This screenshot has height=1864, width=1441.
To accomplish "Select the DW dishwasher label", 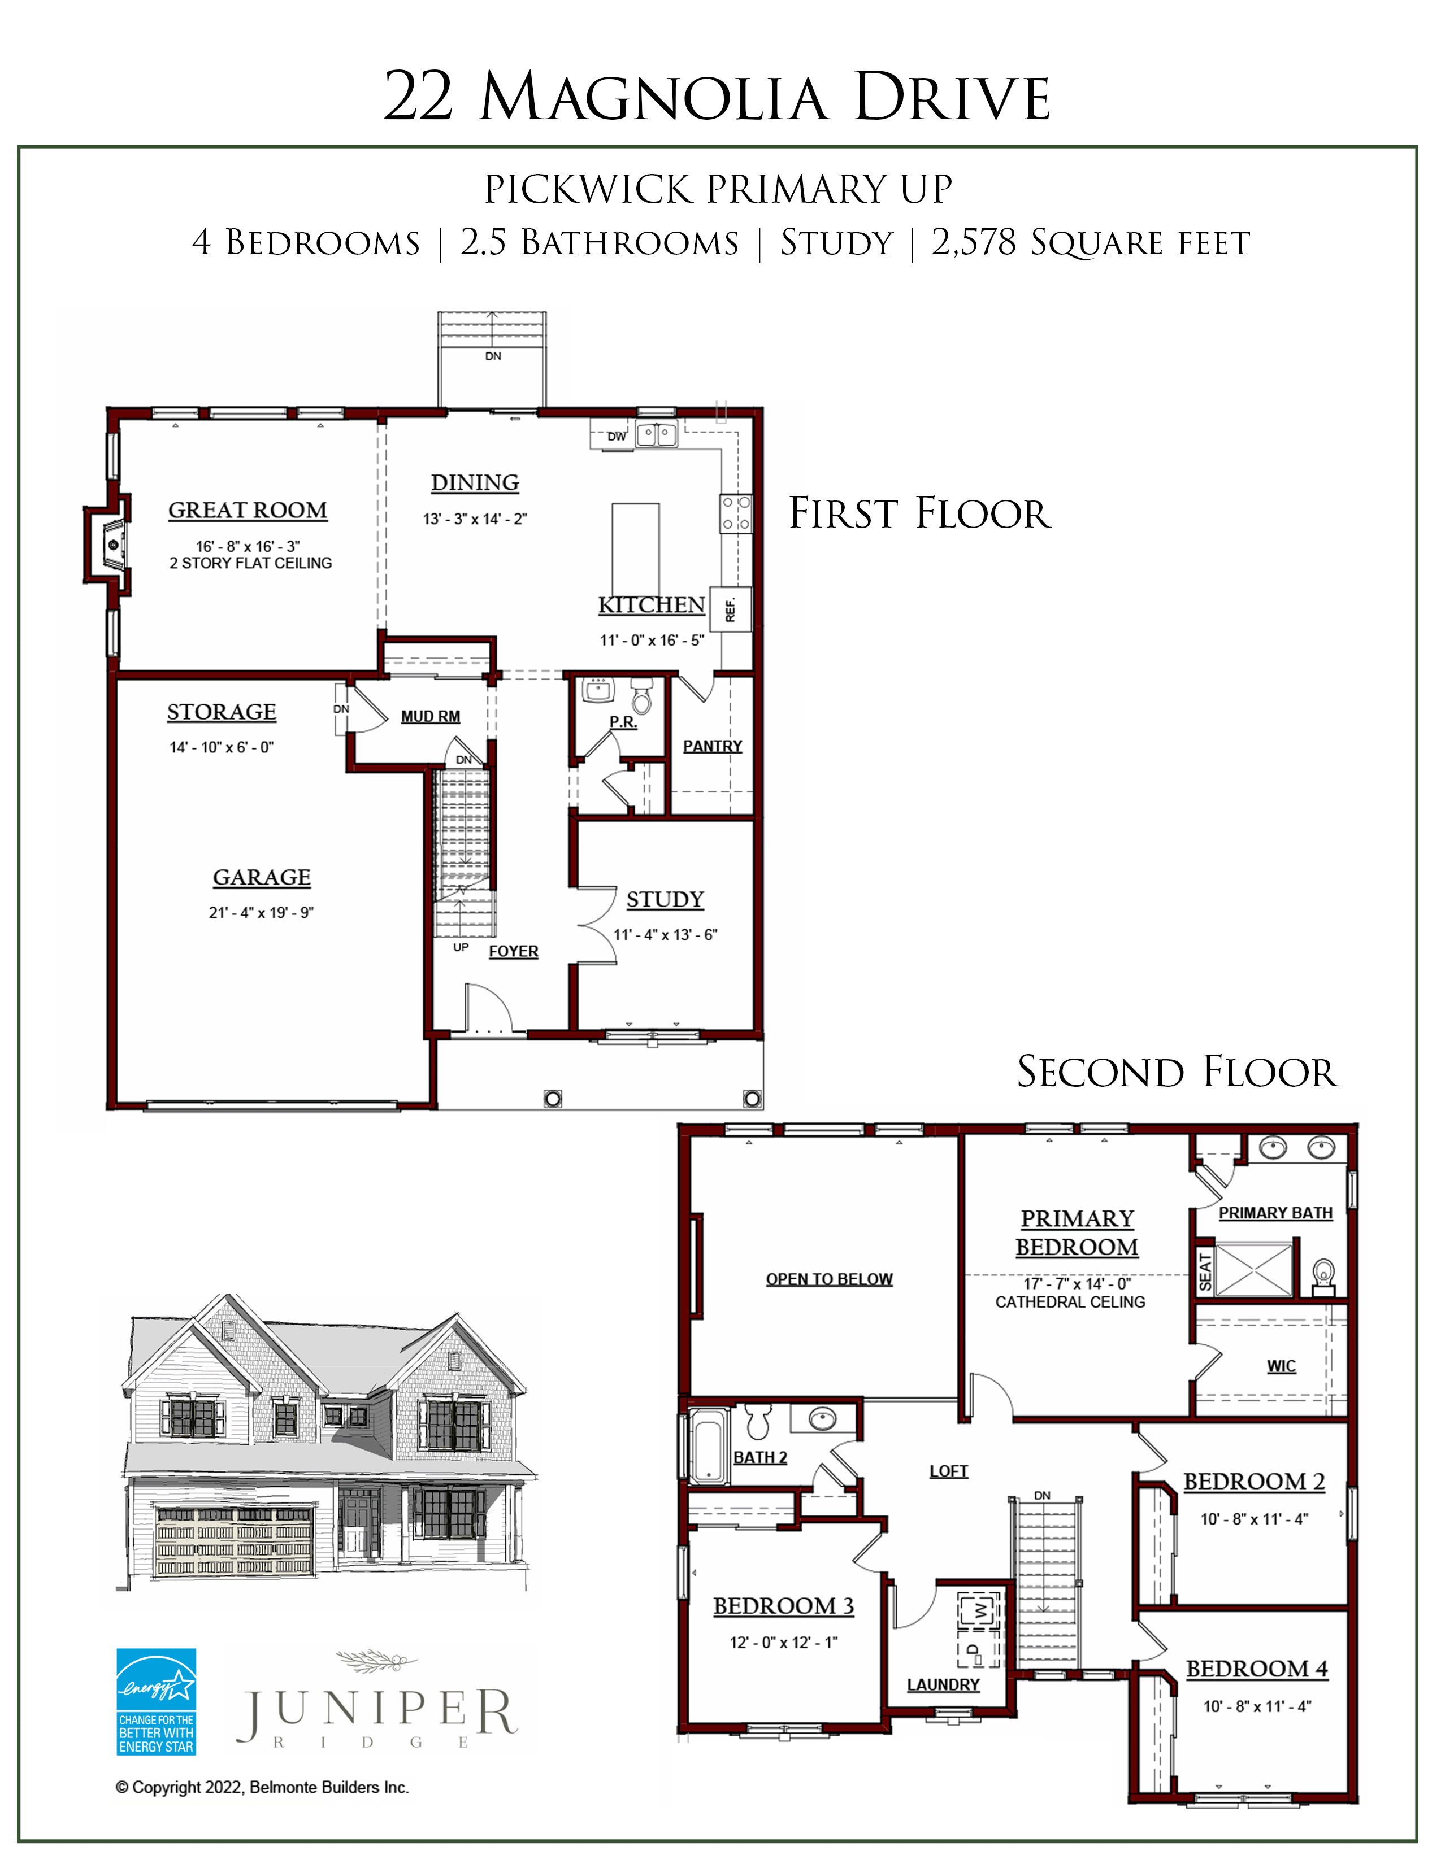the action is pyautogui.click(x=617, y=436).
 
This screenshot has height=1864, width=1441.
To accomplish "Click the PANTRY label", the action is pyautogui.click(x=713, y=746).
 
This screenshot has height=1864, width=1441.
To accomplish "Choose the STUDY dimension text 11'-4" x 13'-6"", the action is pyautogui.click(x=665, y=935).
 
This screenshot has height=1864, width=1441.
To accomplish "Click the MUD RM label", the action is pyautogui.click(x=430, y=716).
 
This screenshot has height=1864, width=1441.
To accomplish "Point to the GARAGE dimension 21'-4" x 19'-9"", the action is pyautogui.click(x=261, y=912).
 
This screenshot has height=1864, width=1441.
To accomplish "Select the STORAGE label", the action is pyautogui.click(x=221, y=712).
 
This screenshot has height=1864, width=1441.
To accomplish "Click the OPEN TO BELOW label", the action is pyautogui.click(x=829, y=1278).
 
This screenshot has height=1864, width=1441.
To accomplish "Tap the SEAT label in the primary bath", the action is pyautogui.click(x=1205, y=1271).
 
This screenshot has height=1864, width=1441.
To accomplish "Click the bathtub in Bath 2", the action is pyautogui.click(x=709, y=1446).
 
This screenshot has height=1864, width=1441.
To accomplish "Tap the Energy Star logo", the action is pyautogui.click(x=156, y=1702).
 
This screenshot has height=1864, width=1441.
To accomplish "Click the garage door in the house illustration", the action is pyautogui.click(x=235, y=1541).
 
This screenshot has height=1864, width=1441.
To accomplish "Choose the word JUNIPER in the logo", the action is pyautogui.click(x=376, y=1714).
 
